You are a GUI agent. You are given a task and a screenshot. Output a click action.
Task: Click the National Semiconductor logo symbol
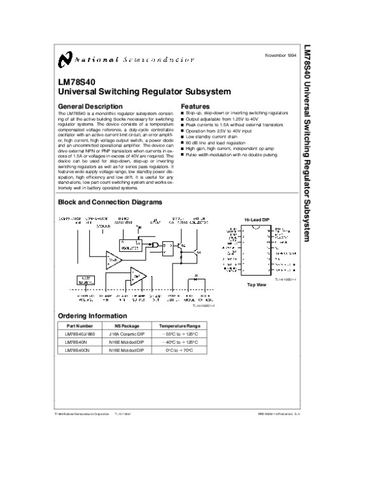(64, 59)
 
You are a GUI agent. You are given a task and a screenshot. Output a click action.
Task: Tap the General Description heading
(90, 106)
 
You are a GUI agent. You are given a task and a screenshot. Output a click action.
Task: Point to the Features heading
(195, 106)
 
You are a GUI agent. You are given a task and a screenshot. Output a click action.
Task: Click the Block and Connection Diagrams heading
(110, 202)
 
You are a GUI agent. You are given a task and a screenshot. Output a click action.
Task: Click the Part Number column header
(79, 326)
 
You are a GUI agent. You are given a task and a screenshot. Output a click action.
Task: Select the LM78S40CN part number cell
(77, 350)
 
